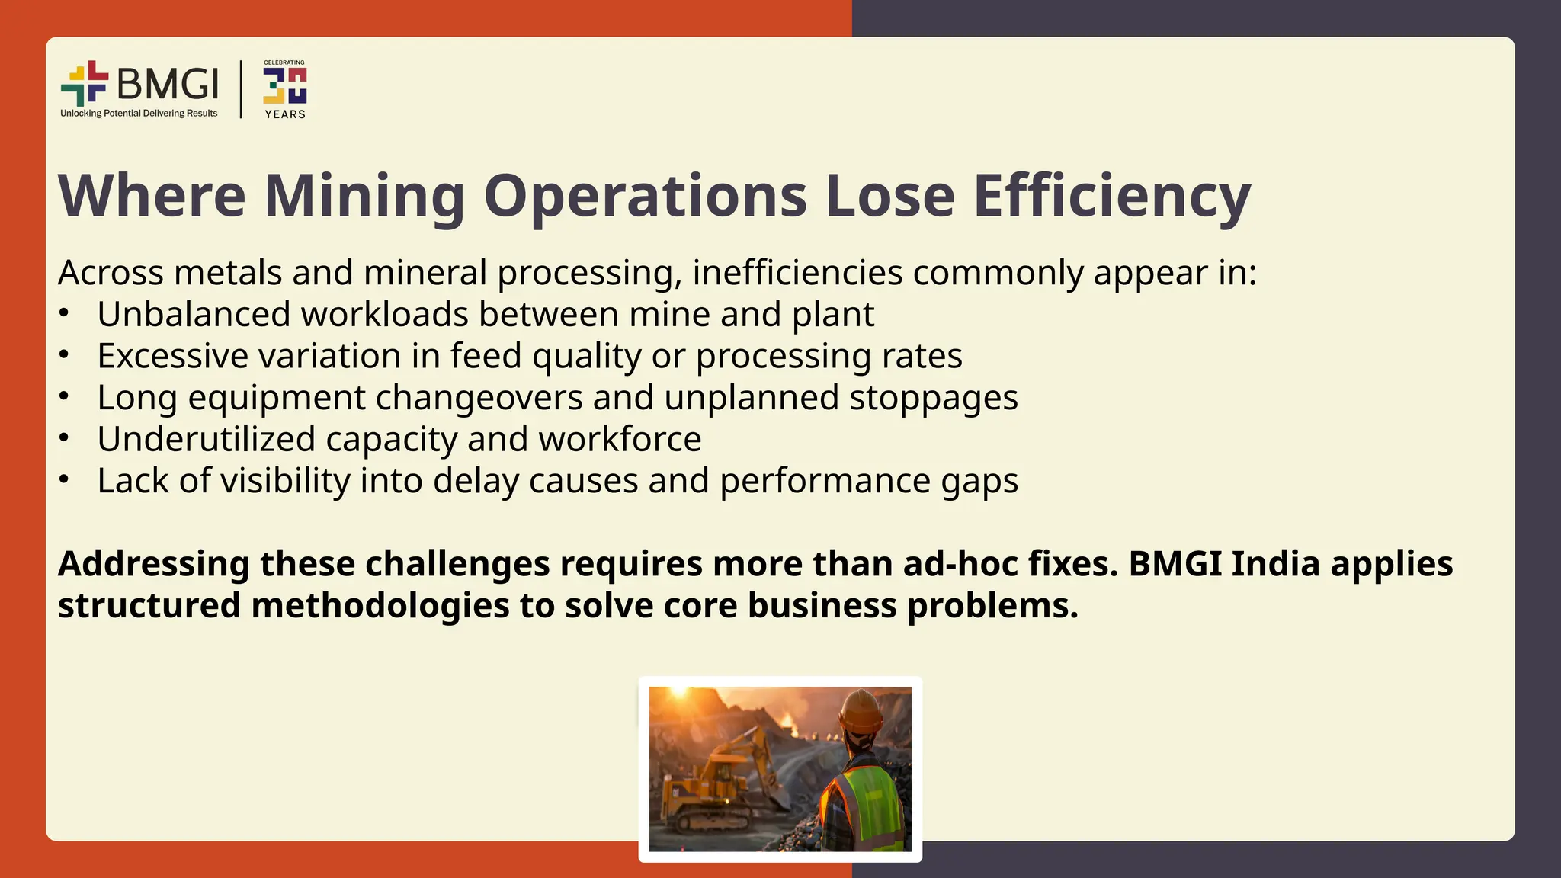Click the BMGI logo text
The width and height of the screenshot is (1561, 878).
[x=168, y=83]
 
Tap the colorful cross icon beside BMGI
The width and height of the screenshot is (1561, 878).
[x=85, y=83]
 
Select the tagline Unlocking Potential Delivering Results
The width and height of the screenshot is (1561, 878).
[x=139, y=114]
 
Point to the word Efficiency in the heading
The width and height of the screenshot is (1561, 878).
[x=1112, y=196]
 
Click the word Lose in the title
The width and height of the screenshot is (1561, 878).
[x=889, y=196]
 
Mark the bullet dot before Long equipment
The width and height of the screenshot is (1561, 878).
[x=65, y=396]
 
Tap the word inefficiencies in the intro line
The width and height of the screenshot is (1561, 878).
[x=797, y=273]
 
